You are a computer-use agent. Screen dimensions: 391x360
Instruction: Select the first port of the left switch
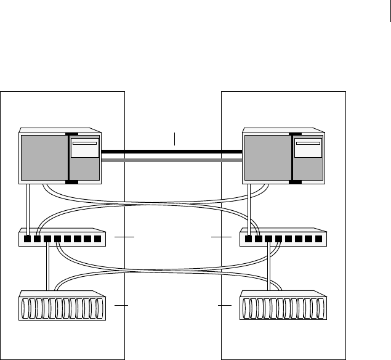coord(28,239)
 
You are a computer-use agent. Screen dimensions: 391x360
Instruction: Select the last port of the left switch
coord(97,239)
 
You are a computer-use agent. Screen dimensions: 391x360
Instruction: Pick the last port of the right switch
coord(318,239)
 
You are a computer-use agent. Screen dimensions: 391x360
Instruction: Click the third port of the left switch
coord(47,239)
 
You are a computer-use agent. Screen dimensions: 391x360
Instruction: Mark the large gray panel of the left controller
coord(44,158)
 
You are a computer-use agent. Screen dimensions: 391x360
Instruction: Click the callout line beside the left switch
coord(124,236)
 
